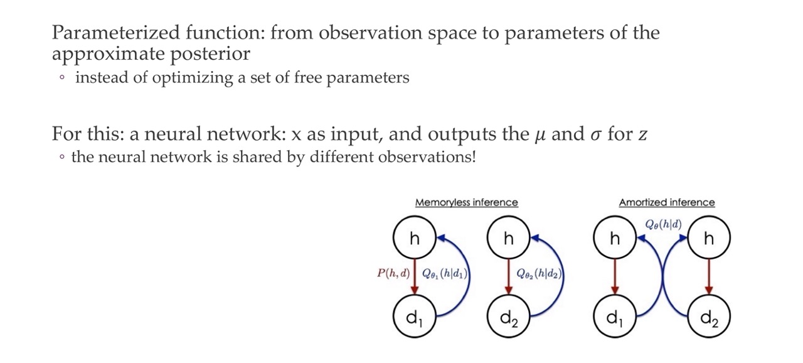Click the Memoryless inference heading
[x=466, y=202]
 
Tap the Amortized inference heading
[x=666, y=202]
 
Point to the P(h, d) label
[x=393, y=274]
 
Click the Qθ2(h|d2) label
[x=539, y=274]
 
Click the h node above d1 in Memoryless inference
[x=414, y=239]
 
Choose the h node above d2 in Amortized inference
[x=709, y=239]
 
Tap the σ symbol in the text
[x=595, y=135]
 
